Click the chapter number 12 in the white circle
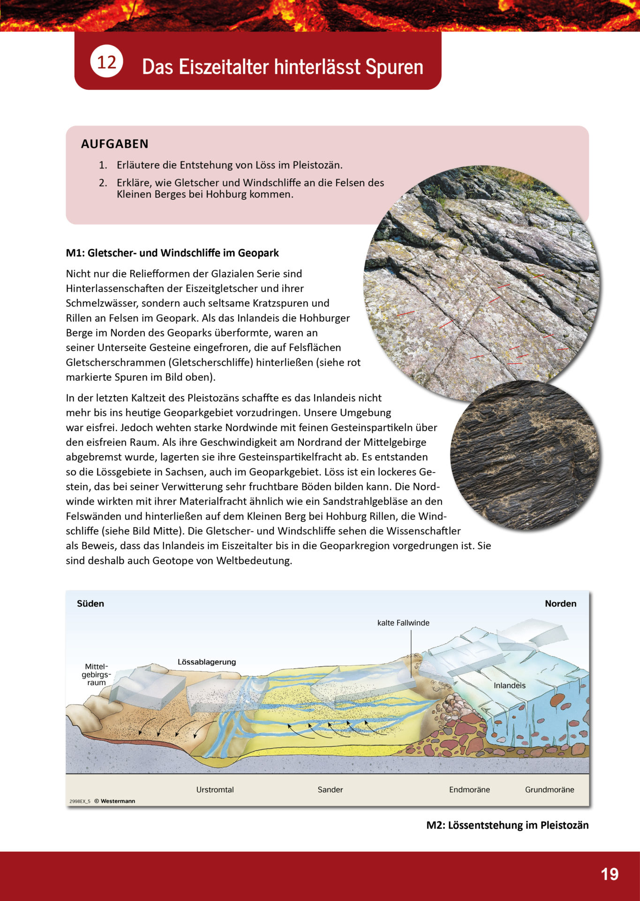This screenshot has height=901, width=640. pos(106,61)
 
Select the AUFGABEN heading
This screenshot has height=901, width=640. pos(115,144)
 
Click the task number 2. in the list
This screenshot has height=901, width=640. pos(103,183)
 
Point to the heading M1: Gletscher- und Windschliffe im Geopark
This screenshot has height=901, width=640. pos(172,253)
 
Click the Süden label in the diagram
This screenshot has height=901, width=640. pos(90,603)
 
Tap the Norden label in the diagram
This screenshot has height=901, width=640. pos(560,603)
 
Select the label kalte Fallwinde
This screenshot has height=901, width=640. pos(403,623)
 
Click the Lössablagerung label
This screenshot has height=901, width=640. pos(207,662)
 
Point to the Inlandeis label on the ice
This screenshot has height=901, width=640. pos(510,686)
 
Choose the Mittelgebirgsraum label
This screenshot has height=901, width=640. pos(96,674)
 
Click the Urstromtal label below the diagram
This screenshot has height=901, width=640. pos(215,790)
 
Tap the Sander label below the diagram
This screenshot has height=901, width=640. pos(330,790)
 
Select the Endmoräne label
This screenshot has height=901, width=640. pos(469,790)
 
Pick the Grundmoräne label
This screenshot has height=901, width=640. pos(550,790)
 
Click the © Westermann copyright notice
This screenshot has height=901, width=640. pos(114,801)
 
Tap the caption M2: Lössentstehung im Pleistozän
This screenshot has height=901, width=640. pos(507,825)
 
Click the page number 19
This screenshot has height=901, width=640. pos(610,874)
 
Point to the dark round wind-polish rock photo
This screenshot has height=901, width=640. pos(525,455)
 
